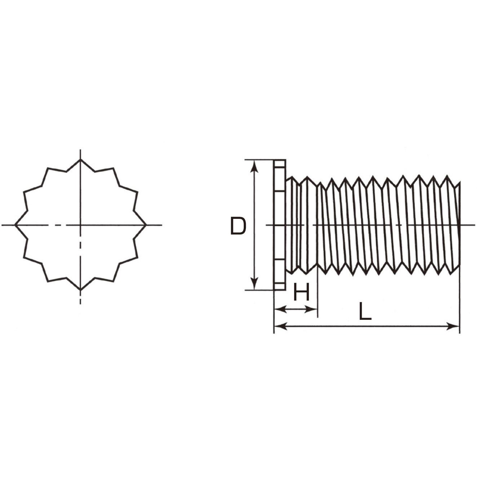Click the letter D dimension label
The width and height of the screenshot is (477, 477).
pyautogui.click(x=238, y=226)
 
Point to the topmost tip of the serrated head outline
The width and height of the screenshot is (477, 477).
pyautogui.click(x=80, y=159)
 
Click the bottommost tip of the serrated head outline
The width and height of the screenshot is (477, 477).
pyautogui.click(x=80, y=290)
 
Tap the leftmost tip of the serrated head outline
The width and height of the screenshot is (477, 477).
pyautogui.click(x=15, y=225)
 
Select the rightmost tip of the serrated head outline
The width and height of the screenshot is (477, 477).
pyautogui.click(x=146, y=225)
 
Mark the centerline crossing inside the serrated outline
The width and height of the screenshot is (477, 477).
pyautogui.click(x=80, y=225)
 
